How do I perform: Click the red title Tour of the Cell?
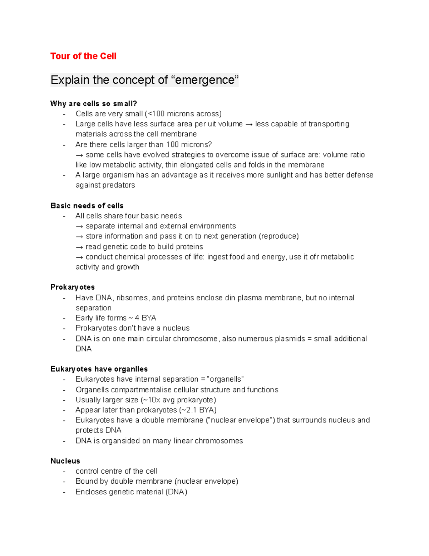coord(83,56)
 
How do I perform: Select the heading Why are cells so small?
coord(94,104)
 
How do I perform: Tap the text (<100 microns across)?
coord(183,114)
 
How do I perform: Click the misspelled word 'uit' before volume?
coord(212,124)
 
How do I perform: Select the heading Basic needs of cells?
coord(87,206)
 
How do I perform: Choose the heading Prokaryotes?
coord(73,287)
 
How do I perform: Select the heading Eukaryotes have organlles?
coord(99,369)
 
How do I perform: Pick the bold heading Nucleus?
coord(65,461)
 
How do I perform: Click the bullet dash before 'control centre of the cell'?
coord(64,472)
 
